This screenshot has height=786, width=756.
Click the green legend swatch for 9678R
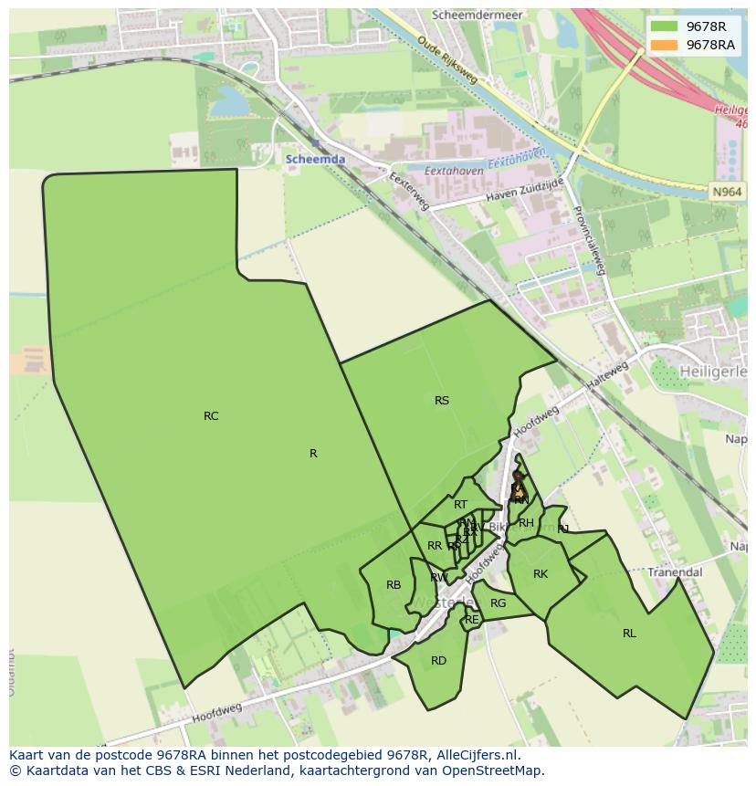pyautogui.click(x=665, y=26)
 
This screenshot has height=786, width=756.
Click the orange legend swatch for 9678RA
pyautogui.click(x=665, y=45)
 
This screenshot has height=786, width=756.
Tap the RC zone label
pyautogui.click(x=211, y=416)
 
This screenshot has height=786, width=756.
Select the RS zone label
pyautogui.click(x=442, y=401)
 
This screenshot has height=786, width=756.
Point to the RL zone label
pyautogui.click(x=629, y=634)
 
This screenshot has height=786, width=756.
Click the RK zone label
pyautogui.click(x=541, y=574)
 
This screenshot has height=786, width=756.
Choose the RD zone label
pyautogui.click(x=438, y=661)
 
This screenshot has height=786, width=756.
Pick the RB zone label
pyautogui.click(x=394, y=586)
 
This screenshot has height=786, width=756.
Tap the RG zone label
pyautogui.click(x=498, y=603)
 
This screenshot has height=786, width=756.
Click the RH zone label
pyautogui.click(x=526, y=524)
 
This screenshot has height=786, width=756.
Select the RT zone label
pyautogui.click(x=460, y=505)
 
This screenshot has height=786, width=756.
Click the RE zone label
pyautogui.click(x=471, y=620)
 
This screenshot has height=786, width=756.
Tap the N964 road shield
pyautogui.click(x=727, y=192)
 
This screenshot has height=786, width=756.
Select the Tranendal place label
pyautogui.click(x=676, y=572)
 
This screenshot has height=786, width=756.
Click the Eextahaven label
pyautogui.click(x=454, y=171)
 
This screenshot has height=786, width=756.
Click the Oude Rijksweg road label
pyautogui.click(x=447, y=60)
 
